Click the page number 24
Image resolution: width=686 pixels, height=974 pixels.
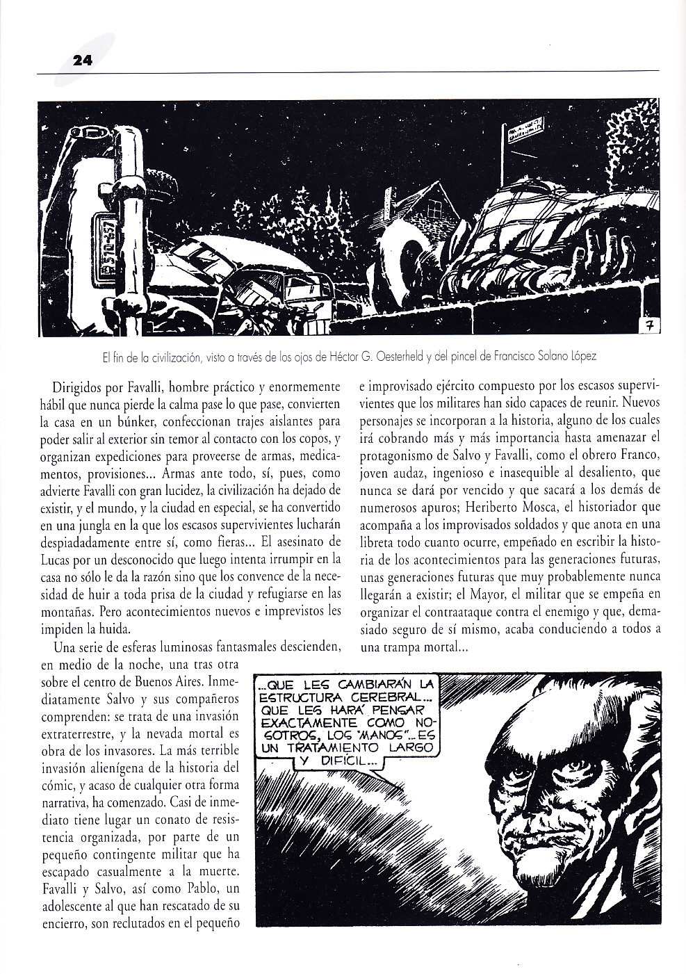pyautogui.click(x=83, y=61)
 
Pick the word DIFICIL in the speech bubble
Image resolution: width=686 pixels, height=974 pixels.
pyautogui.click(x=348, y=762)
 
